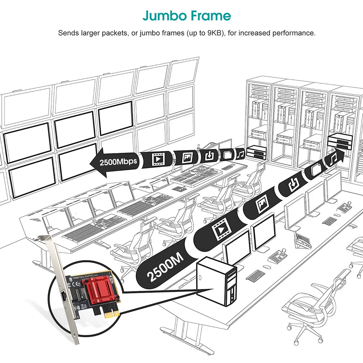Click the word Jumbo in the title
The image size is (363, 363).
coord(162,16)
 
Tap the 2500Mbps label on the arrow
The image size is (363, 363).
coord(119,161)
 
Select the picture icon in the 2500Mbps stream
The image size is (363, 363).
coord(187,157)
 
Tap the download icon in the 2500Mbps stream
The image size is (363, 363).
coord(209,156)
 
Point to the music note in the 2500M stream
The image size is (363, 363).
coord(334,159)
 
